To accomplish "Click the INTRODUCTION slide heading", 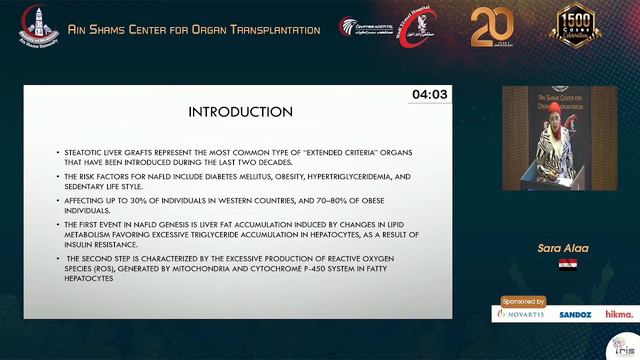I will coord(239,111).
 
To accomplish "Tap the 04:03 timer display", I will coord(430,94).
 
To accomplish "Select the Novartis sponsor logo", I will coord(521,314).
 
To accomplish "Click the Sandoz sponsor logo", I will coord(575,314).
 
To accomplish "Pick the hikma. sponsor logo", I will coord(618,314).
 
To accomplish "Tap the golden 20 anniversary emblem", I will coord(492,27).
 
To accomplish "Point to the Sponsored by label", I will coord(524,300).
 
